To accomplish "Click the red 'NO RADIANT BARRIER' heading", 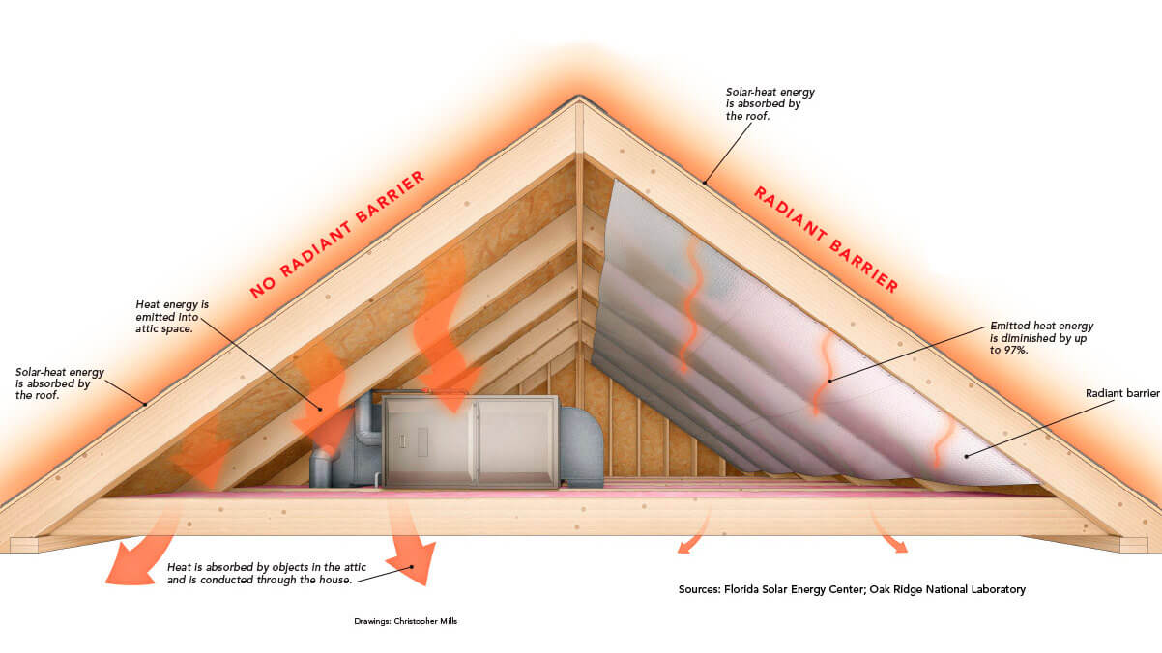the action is point(337,235).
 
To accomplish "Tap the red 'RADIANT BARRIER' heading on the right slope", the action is point(826,240).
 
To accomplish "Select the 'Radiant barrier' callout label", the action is point(1122,393).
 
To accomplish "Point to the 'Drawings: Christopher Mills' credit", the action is point(406,621).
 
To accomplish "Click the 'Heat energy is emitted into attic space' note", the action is point(172,316).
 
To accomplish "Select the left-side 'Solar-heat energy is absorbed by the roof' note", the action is point(60,383).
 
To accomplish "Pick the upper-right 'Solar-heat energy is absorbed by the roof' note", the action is point(770,103).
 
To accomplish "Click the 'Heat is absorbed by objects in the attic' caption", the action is point(266,567).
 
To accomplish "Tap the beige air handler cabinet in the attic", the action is point(470,441).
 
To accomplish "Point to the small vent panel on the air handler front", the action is point(422,442).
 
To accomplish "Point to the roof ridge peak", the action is point(579,97).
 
